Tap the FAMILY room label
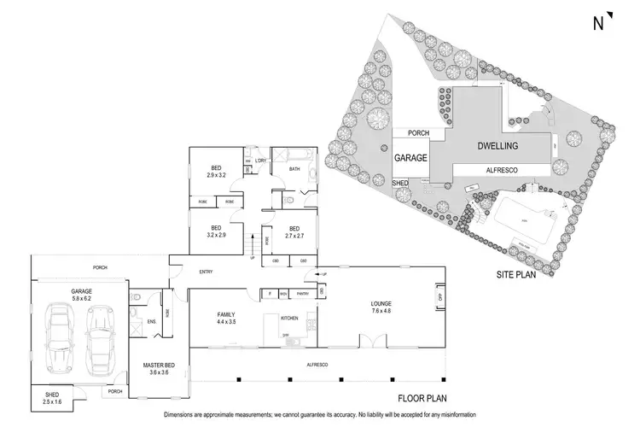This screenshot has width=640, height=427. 228,314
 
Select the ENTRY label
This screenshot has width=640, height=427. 205,272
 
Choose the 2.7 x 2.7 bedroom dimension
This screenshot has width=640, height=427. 294,233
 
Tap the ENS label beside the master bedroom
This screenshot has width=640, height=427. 151,321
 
